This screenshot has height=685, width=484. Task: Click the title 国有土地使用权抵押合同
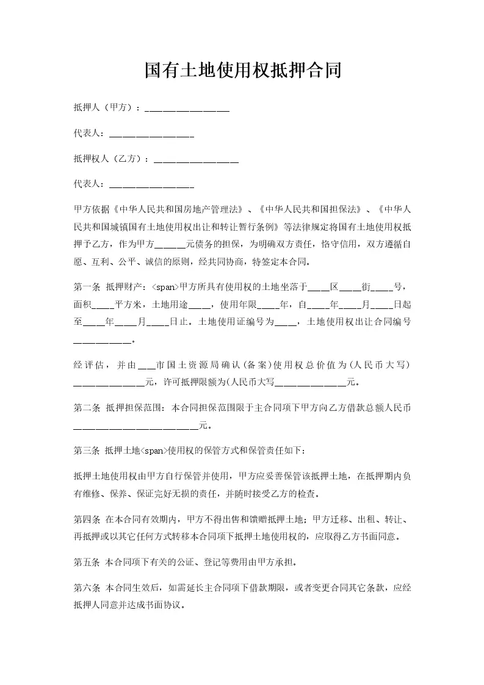242,71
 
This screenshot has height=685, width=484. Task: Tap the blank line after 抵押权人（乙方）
196,161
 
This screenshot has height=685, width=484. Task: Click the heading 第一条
86,286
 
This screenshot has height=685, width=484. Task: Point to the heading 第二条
86,406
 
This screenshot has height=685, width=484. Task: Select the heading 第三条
86,451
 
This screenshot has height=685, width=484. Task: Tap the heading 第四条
86,520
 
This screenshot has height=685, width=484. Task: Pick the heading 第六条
86,589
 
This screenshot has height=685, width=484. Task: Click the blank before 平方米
105,304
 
